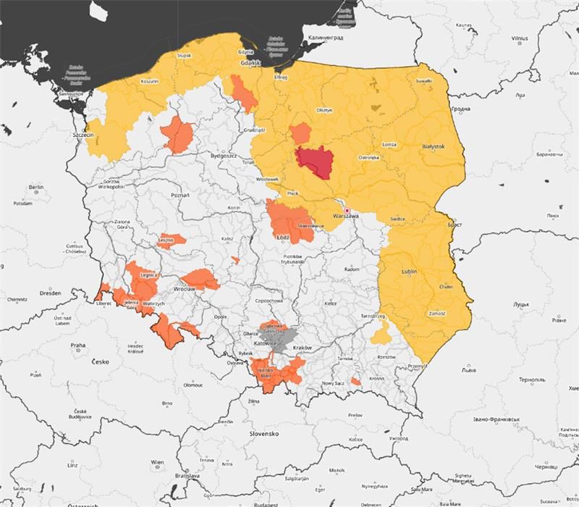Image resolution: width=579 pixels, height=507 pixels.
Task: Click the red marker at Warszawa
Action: click(x=347, y=210)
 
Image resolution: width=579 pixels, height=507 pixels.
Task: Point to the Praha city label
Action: click(x=78, y=345)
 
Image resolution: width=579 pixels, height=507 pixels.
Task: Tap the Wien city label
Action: click(x=157, y=462)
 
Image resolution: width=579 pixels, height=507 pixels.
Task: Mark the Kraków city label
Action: click(x=302, y=348)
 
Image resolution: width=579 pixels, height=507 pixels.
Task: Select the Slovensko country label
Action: click(x=264, y=433)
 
